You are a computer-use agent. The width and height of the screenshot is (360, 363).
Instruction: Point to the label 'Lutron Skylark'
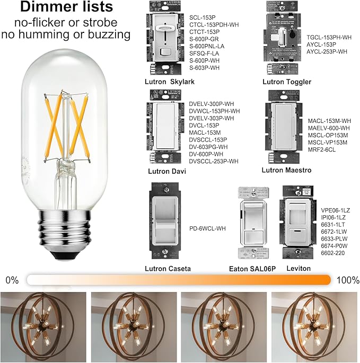[x=169, y=82]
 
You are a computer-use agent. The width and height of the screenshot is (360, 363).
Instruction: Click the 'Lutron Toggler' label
[x=287, y=82]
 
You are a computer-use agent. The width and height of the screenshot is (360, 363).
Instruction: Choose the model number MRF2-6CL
[x=321, y=150]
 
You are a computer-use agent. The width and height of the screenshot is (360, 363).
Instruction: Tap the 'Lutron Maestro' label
[x=286, y=170]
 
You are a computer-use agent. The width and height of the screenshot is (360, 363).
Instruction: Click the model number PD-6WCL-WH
[x=207, y=228]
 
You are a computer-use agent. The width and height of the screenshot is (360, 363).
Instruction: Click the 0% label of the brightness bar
[x=13, y=279]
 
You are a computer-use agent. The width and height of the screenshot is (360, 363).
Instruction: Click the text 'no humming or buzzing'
[x=66, y=34]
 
